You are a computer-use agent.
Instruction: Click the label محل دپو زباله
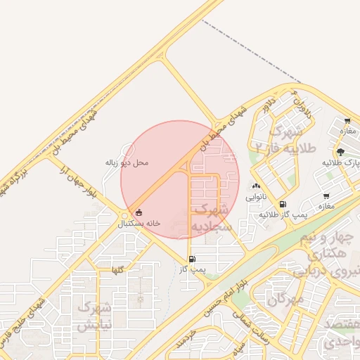pos(127,162)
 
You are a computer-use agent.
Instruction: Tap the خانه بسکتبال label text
pos(139,223)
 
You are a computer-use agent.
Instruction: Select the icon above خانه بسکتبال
pos(139,212)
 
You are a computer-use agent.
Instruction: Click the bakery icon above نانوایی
pos(255,186)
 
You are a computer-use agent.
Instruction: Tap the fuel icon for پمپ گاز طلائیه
pos(283,204)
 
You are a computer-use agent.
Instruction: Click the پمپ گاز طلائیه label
pos(283,214)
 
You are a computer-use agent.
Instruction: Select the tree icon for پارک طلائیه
pos(341,151)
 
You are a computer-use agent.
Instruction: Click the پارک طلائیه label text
pos(341,162)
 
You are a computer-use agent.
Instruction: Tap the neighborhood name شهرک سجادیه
pos(211,218)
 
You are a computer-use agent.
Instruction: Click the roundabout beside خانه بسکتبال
pos(124,214)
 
